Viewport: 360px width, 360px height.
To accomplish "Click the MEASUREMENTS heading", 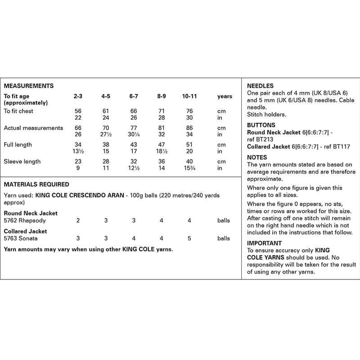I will click(x=29, y=85).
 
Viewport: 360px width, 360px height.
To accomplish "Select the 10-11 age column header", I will click(x=189, y=96).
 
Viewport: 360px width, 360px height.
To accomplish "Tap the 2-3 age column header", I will click(x=78, y=96).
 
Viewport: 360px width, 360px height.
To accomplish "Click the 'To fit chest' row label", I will click(x=18, y=111).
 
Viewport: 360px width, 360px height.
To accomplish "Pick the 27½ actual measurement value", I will click(x=106, y=135).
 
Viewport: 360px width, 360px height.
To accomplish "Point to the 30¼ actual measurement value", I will click(x=134, y=135).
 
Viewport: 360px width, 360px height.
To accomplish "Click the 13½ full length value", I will click(x=78, y=151).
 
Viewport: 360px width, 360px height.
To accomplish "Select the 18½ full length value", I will click(x=162, y=151).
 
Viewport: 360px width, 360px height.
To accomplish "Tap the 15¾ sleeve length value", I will click(x=189, y=168).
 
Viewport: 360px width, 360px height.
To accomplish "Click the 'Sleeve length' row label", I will click(x=22, y=162).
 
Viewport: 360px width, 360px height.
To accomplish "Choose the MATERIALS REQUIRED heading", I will click(x=36, y=184).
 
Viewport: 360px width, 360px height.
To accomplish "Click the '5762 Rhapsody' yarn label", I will click(x=25, y=220).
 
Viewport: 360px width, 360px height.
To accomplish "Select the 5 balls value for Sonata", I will click(x=189, y=238).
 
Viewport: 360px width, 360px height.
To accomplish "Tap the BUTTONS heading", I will click(x=261, y=125).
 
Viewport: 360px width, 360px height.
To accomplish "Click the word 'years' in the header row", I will click(x=225, y=96).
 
